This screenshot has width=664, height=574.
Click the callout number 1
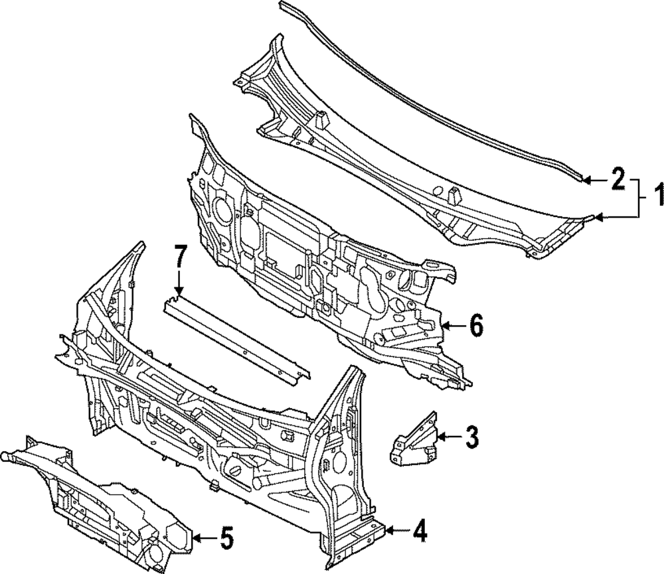(x=655, y=198)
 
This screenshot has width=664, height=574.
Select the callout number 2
(x=617, y=179)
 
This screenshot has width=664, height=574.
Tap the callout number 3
(x=471, y=437)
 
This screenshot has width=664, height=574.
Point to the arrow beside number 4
(x=397, y=530)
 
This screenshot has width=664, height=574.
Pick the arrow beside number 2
(x=594, y=179)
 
